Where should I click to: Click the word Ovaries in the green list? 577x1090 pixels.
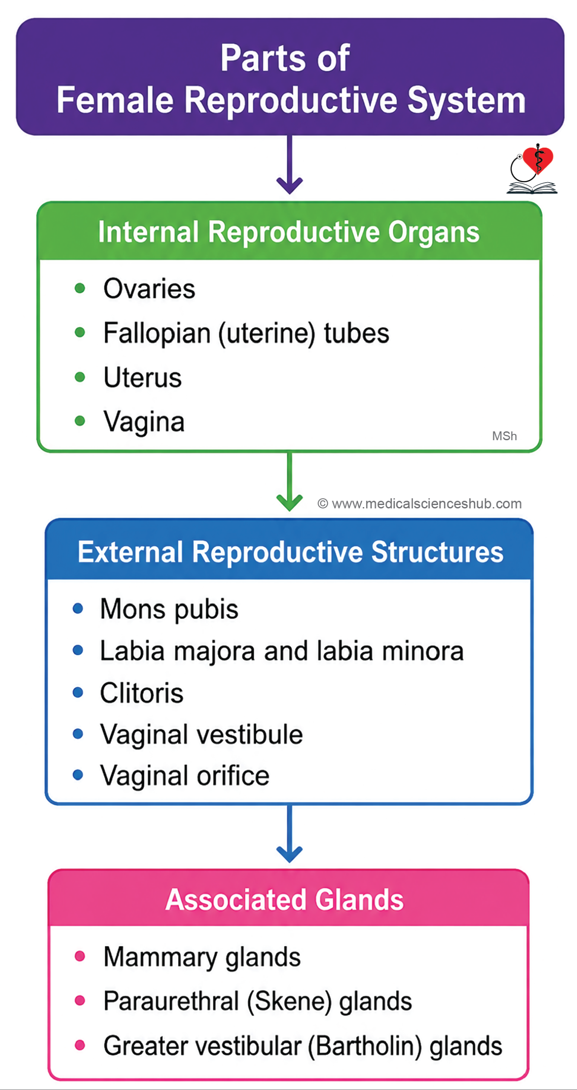click(149, 289)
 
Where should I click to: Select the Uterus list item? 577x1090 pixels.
click(143, 377)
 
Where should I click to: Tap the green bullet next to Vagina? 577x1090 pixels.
click(80, 421)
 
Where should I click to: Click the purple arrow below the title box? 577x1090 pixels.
click(290, 164)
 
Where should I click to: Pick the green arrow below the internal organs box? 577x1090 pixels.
click(290, 481)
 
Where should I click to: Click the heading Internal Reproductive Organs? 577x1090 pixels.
click(289, 232)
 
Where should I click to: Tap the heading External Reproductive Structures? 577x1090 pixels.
click(290, 552)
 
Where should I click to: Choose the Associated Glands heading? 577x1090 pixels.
click(284, 900)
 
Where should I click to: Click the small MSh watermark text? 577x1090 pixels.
click(504, 436)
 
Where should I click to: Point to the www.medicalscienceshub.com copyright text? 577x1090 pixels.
click(419, 504)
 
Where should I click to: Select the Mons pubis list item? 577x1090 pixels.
click(169, 609)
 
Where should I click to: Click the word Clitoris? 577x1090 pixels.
click(142, 693)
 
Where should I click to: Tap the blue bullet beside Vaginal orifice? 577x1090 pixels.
click(78, 774)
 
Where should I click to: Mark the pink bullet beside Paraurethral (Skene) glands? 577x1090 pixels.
click(80, 1000)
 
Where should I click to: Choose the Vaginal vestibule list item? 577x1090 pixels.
click(201, 734)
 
